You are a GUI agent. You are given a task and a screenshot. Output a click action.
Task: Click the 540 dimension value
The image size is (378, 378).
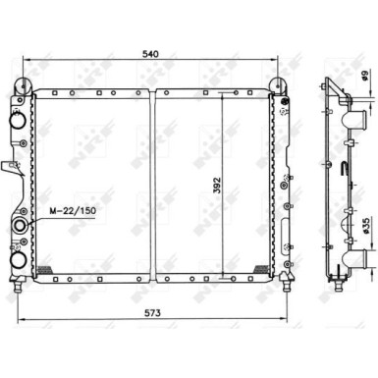151,54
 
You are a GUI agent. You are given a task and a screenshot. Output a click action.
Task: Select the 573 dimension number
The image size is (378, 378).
152,313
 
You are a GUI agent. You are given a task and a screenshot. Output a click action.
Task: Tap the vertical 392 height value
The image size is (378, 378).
217,186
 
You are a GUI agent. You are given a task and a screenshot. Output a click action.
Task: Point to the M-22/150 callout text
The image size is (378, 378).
73,210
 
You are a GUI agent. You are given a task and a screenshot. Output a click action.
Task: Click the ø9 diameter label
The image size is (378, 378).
365,75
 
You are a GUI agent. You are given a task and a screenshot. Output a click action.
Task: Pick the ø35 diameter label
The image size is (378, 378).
366,226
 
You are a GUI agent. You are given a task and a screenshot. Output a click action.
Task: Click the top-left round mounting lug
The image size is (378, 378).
23,85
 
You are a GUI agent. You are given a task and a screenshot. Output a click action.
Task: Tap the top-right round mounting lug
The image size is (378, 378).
278,84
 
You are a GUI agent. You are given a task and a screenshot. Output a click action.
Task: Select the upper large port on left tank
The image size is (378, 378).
18,120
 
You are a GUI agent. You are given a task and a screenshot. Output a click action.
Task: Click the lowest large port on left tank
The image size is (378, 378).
18,260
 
